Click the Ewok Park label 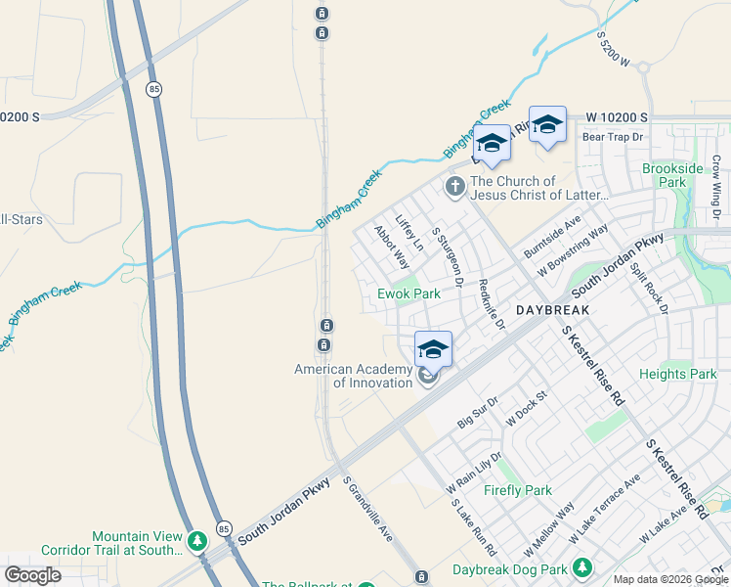point(408,293)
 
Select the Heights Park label point(677,374)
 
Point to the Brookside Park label point(672,175)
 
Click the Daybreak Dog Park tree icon point(583,567)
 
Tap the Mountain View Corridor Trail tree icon point(197,540)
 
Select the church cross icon point(454,185)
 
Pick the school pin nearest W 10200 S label point(547,124)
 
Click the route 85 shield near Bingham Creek point(154,89)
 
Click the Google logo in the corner point(32,575)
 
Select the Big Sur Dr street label point(479,413)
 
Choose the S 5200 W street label point(623,50)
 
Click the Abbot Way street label point(391,248)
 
